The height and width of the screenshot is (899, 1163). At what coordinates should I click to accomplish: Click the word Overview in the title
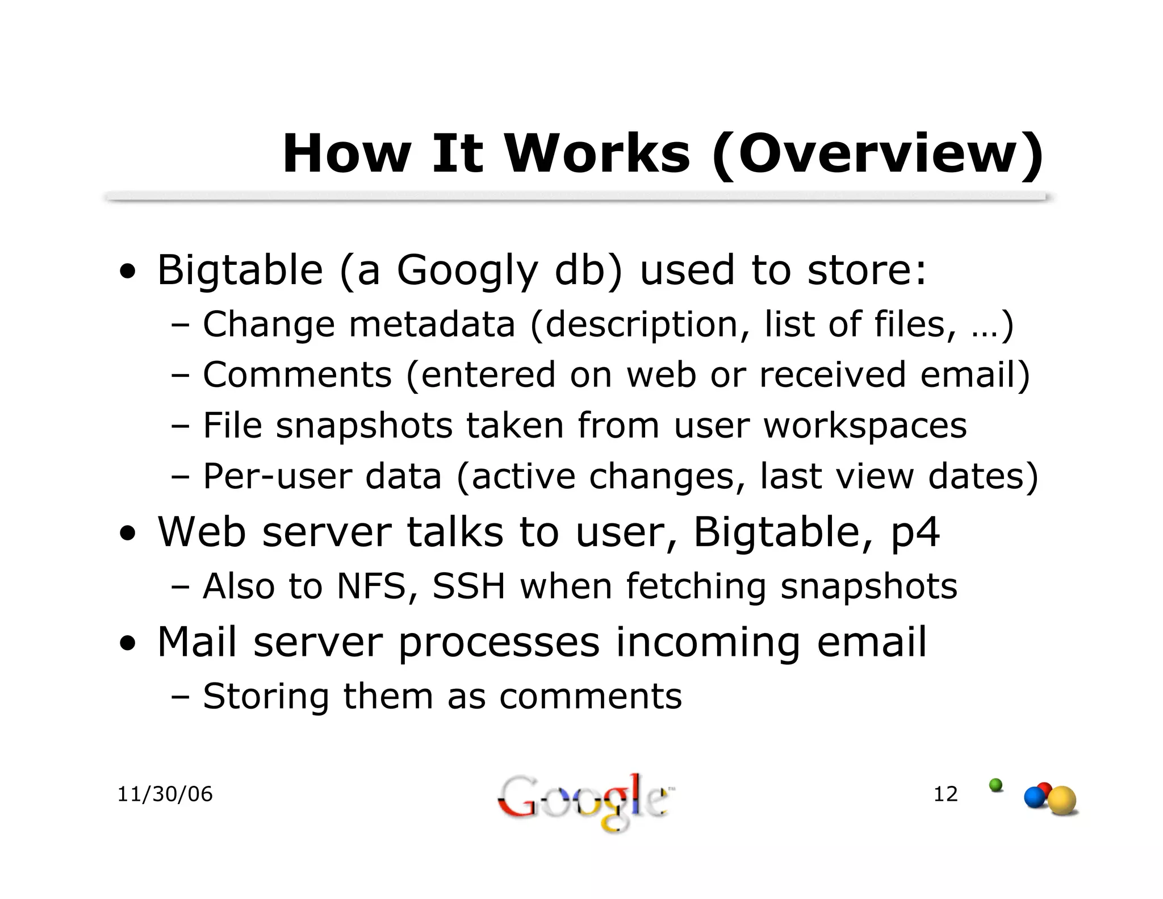[877, 155]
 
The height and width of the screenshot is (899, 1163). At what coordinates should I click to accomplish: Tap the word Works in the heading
[597, 155]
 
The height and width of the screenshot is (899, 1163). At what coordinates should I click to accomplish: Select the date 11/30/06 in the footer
[165, 794]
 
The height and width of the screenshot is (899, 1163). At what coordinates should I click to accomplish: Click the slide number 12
[946, 794]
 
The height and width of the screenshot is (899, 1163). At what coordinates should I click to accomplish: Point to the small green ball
[995, 785]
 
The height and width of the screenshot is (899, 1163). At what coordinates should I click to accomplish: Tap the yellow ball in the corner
[1062, 801]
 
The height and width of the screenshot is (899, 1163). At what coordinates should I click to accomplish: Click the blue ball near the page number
[1035, 797]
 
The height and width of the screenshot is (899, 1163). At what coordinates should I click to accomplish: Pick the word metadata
[432, 324]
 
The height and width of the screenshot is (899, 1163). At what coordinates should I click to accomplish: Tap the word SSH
[468, 586]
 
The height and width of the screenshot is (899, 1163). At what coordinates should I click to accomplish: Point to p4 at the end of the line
[915, 533]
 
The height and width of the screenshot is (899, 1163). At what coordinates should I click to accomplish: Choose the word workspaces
[865, 426]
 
